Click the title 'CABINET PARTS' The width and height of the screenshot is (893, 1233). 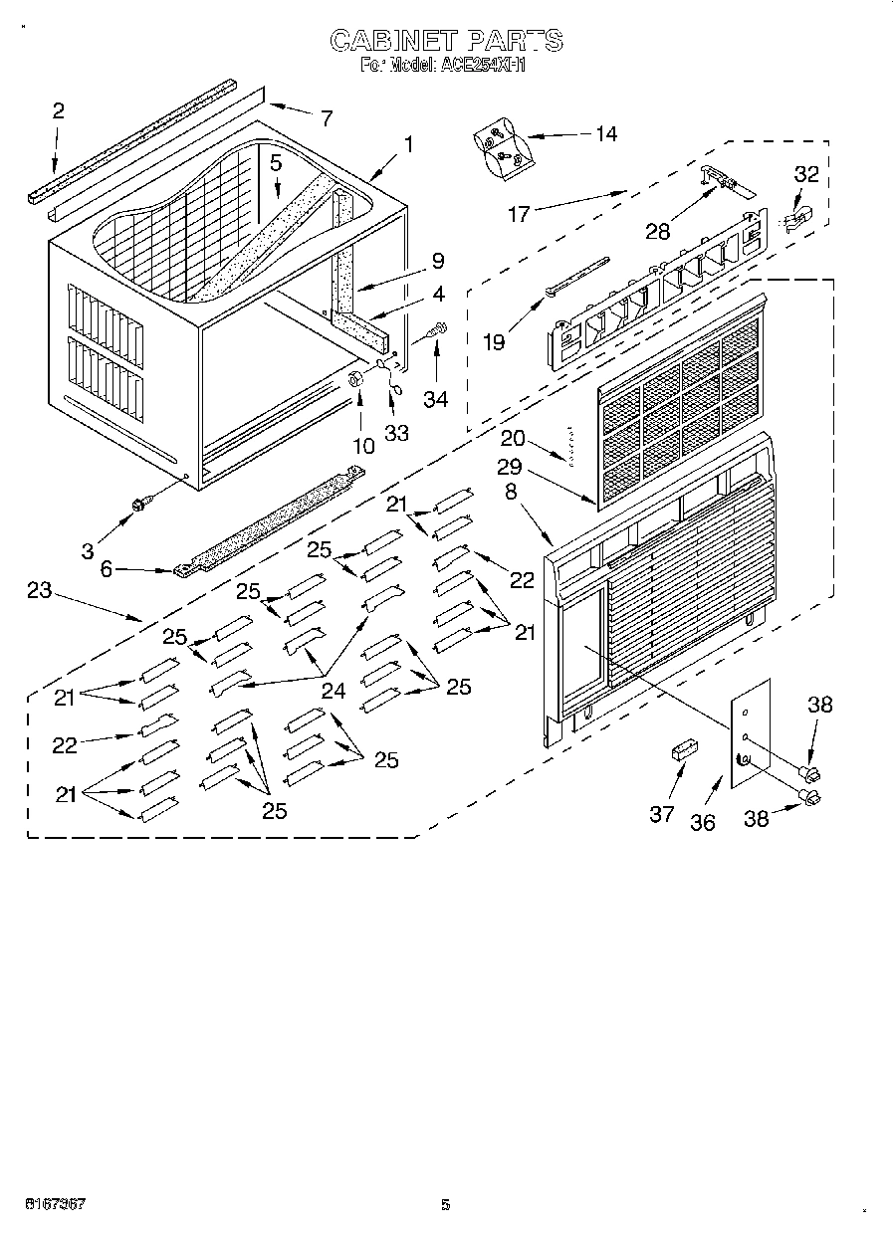click(x=446, y=41)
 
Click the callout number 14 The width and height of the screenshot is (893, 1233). click(x=604, y=134)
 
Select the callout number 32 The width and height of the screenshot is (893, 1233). click(x=805, y=174)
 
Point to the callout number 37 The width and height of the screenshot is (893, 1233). click(x=662, y=814)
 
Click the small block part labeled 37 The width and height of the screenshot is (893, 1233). click(x=683, y=749)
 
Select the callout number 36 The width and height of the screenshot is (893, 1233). click(x=703, y=823)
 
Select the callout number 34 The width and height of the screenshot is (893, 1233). click(x=435, y=399)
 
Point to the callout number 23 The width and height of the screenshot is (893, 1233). click(x=39, y=590)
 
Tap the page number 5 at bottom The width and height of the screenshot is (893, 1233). click(x=446, y=1204)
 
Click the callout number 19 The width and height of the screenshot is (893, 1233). click(x=494, y=341)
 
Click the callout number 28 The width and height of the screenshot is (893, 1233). click(x=656, y=231)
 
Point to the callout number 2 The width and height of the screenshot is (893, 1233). click(x=58, y=111)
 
